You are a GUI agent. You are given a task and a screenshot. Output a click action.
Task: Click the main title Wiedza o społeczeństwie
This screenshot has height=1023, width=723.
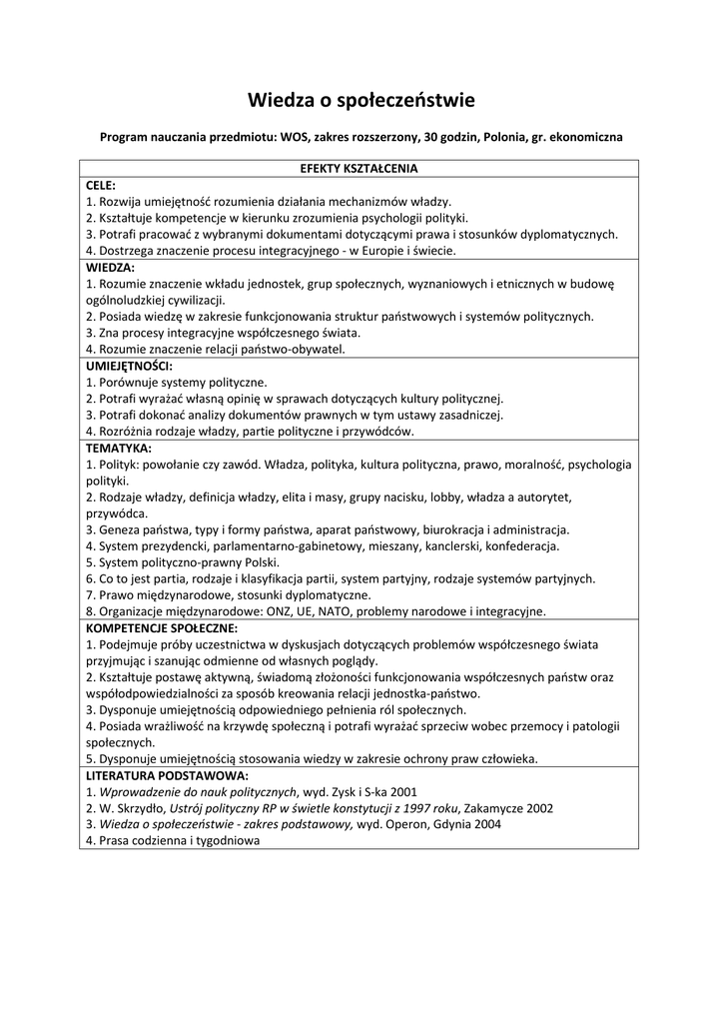coord(361,100)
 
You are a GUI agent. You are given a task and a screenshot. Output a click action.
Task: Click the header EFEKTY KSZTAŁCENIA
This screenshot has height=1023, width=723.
coord(360,168)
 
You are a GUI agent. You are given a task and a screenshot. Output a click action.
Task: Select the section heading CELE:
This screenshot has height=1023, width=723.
coord(101,185)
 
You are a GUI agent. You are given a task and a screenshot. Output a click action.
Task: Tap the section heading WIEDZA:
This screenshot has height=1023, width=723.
coord(110,268)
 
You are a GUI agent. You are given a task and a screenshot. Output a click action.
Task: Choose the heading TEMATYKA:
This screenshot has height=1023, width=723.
coord(119,449)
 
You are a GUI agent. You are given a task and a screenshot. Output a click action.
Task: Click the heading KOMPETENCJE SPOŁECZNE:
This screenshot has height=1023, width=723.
coord(162,628)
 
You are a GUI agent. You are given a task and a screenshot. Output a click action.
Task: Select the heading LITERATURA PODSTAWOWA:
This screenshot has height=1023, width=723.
coord(167,775)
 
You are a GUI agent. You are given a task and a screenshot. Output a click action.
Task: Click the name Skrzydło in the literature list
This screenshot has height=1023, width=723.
coord(140,808)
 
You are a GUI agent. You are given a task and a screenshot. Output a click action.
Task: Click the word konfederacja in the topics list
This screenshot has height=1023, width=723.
coord(524,546)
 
